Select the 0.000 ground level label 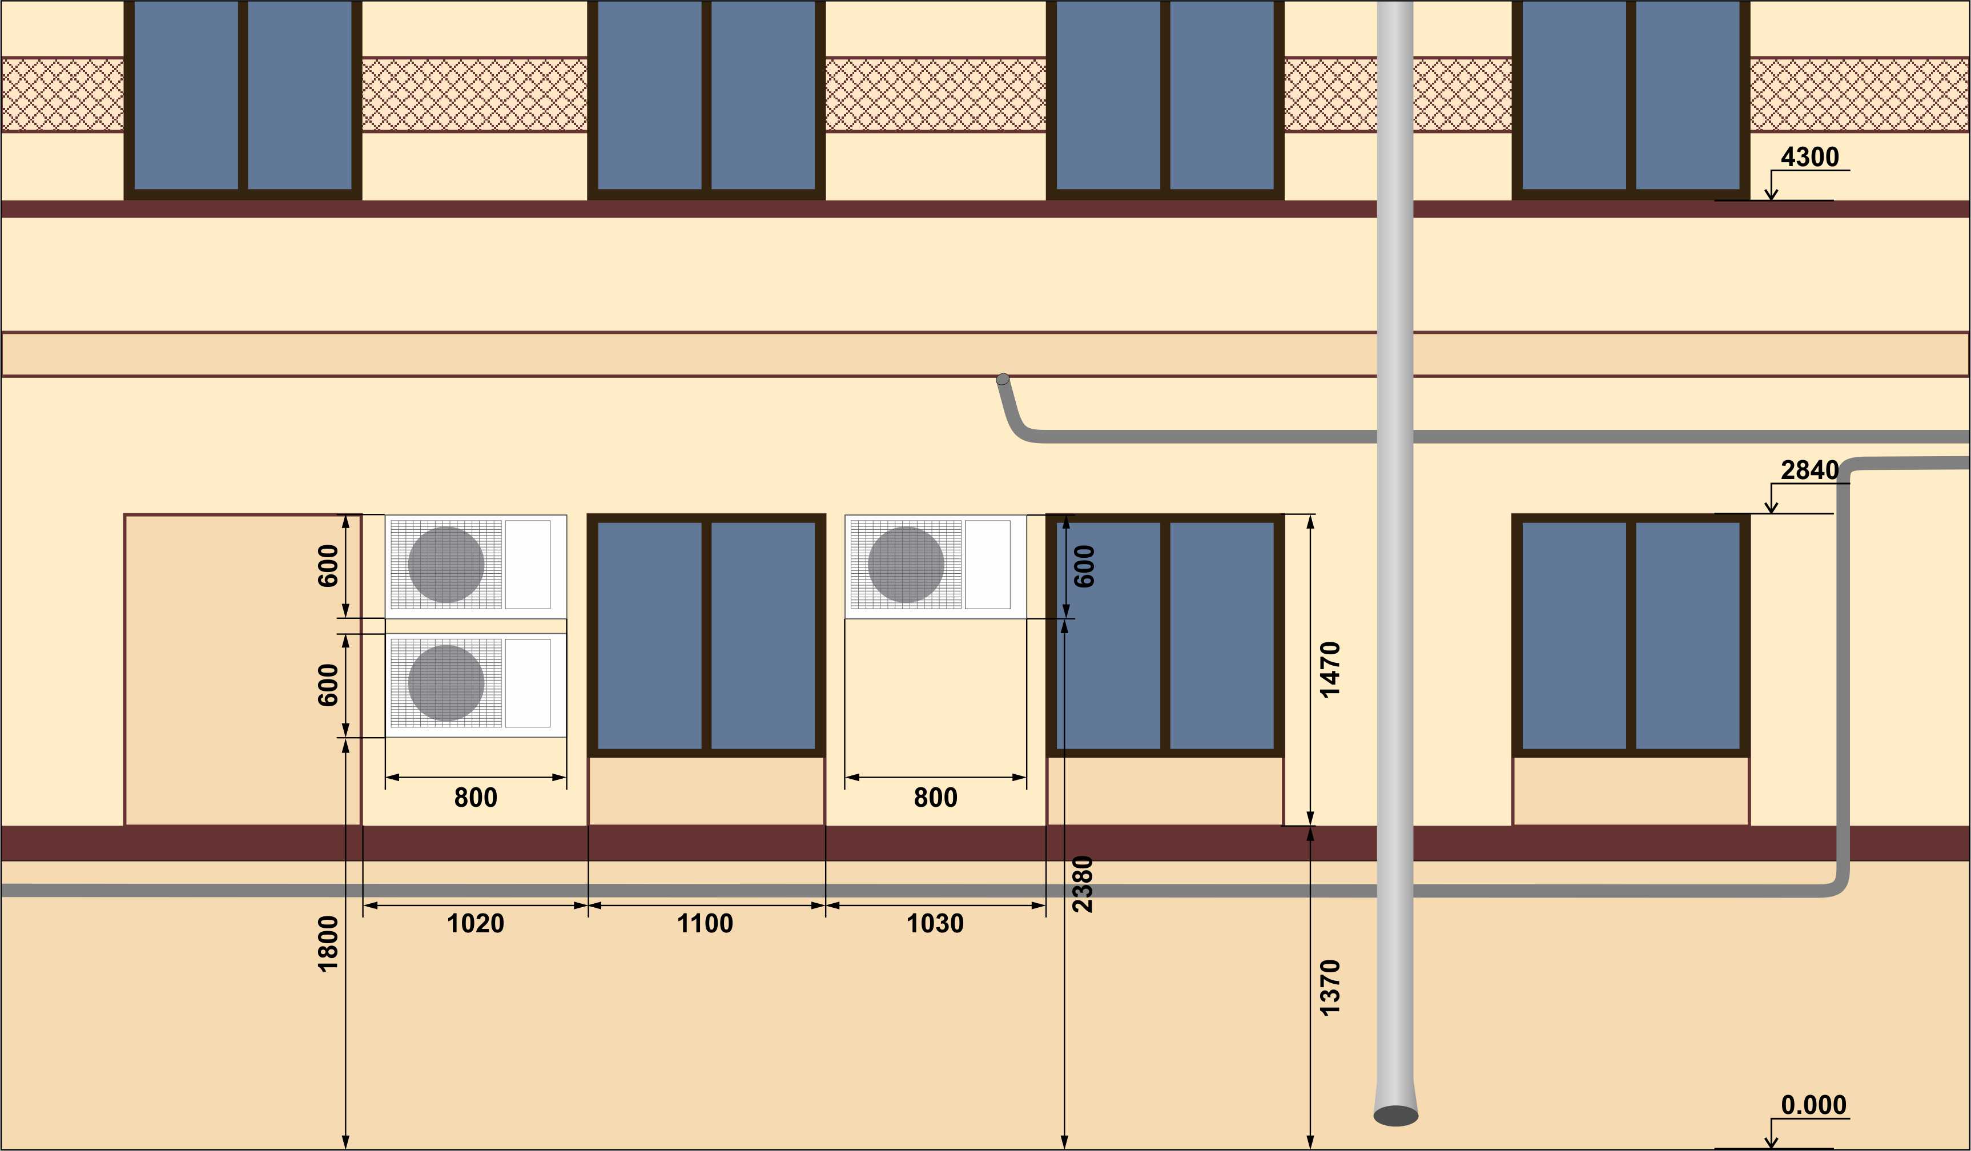[x=1813, y=1105]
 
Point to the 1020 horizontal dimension [x=474, y=923]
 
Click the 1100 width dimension [x=705, y=923]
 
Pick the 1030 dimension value [x=935, y=923]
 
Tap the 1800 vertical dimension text [x=328, y=944]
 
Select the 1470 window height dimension [x=1330, y=669]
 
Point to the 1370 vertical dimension [x=1330, y=988]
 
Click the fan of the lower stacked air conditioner [x=446, y=683]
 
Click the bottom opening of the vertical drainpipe [x=1395, y=1115]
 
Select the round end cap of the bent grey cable [x=1002, y=379]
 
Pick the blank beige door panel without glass [x=243, y=669]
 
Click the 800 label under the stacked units [x=476, y=798]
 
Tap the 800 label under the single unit [x=935, y=798]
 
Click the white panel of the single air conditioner [x=987, y=565]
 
